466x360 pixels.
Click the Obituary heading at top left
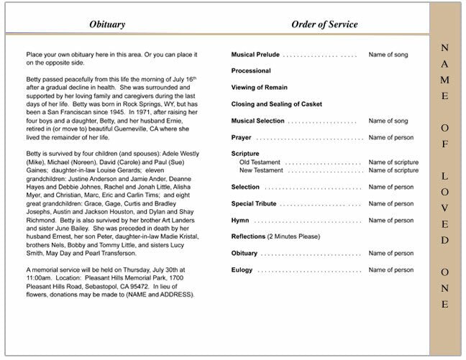(x=107, y=24)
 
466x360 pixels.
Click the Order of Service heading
(x=324, y=24)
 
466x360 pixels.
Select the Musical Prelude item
(x=255, y=55)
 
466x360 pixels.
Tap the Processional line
(x=251, y=71)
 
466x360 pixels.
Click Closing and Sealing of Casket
(x=276, y=104)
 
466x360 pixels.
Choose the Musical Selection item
(x=258, y=121)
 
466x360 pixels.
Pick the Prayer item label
(x=242, y=137)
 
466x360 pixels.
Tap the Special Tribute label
(x=254, y=203)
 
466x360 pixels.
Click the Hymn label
(x=240, y=220)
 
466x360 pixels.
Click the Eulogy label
(x=242, y=269)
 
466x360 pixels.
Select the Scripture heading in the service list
(x=245, y=154)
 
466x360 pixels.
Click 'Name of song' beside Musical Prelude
(x=388, y=55)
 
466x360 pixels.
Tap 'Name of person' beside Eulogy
(x=391, y=269)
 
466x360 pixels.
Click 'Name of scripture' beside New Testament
(x=393, y=170)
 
